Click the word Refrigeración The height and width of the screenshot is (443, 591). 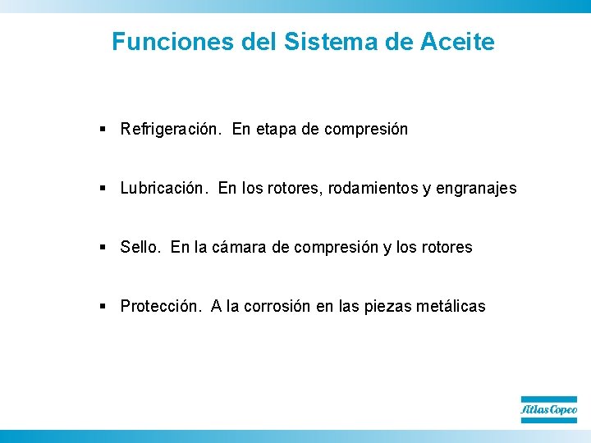pyautogui.click(x=172, y=130)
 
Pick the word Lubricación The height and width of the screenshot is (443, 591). pyautogui.click(x=165, y=189)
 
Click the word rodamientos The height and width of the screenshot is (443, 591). pyautogui.click(x=373, y=189)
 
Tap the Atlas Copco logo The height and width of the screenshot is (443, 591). pyautogui.click(x=549, y=409)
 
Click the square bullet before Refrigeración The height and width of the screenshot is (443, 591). pyautogui.click(x=103, y=130)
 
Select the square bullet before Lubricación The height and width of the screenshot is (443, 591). pyautogui.click(x=103, y=189)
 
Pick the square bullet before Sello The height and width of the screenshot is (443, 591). pyautogui.click(x=103, y=248)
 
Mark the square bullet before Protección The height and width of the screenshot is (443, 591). pyautogui.click(x=103, y=307)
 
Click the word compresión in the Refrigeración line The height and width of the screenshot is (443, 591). pyautogui.click(x=366, y=130)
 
